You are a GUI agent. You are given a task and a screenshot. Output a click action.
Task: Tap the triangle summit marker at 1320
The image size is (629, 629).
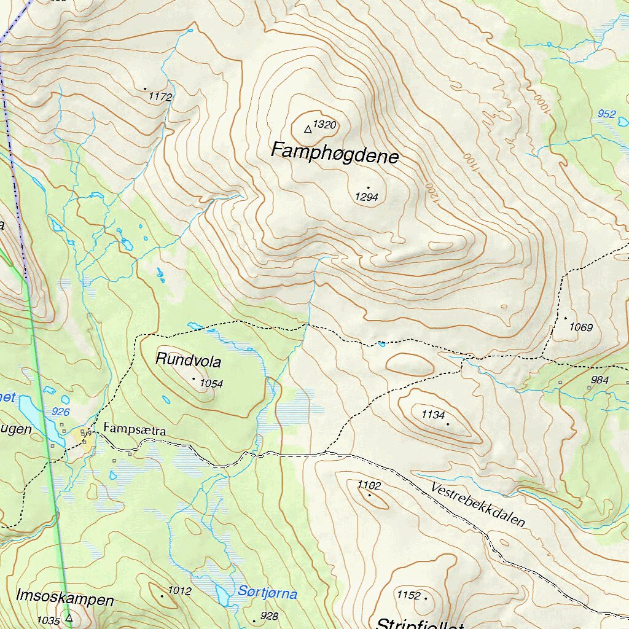pos(308,129)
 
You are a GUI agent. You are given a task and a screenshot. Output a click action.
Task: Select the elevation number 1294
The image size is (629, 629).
pos(366,197)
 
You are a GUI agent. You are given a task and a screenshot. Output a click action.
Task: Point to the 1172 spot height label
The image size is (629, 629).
pos(160,97)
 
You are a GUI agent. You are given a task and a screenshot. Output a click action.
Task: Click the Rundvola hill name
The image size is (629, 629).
pos(188,359)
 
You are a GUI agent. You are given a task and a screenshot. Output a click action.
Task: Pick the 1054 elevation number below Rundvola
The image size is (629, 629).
pos(211,384)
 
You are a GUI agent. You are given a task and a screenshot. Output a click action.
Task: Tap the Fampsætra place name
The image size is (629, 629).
pos(135,431)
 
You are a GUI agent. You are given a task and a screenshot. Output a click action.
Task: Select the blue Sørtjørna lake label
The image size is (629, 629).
pos(267,594)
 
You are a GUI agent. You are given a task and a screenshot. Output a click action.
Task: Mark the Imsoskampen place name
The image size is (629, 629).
pos(65,599)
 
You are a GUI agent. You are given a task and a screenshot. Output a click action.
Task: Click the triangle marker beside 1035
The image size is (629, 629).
pos(69,618)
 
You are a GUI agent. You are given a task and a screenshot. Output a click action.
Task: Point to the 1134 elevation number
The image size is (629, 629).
pos(433,415)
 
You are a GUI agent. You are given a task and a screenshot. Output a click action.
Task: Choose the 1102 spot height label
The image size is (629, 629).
pos(369,485)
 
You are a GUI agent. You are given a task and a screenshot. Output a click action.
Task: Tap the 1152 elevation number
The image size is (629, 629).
pos(408,595)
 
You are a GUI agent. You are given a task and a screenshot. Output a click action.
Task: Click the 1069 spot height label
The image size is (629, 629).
pos(580,327)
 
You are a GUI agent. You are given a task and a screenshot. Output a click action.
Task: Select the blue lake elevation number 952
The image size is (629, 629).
pos(606,114)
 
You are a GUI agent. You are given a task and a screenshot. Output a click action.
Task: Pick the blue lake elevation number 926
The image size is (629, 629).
pos(61,412)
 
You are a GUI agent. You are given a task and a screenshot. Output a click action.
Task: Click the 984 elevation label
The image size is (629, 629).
pos(599,380)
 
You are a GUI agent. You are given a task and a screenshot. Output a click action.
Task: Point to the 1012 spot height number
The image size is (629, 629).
pos(180,591)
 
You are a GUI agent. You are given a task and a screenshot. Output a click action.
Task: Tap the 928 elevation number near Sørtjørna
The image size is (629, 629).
pos(269,616)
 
